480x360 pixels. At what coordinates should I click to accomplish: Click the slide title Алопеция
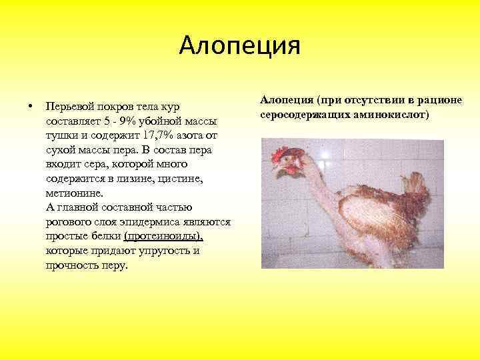click(x=240, y=45)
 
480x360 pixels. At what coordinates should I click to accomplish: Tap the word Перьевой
click(x=69, y=107)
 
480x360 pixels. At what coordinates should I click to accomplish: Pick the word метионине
click(x=75, y=193)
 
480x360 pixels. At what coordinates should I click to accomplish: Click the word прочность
click(x=71, y=265)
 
